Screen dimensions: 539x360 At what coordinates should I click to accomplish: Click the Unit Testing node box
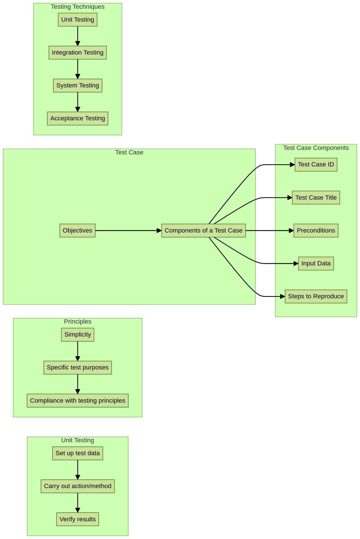point(78,20)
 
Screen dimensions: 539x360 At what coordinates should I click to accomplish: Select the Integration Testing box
point(78,53)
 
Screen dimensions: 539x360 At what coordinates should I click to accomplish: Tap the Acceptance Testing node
point(78,118)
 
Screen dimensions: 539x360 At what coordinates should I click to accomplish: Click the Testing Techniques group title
point(78,7)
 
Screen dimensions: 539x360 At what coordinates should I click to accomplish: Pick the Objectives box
point(77,231)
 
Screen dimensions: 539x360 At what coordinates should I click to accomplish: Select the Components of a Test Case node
point(203,231)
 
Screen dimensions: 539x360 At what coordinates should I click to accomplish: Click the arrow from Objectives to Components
point(128,231)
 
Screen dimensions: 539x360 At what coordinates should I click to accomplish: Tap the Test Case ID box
point(316,164)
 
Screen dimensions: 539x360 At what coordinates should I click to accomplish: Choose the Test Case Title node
point(316,198)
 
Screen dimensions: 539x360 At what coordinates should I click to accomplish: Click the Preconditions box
point(316,231)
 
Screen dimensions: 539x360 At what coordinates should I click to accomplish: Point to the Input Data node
point(316,263)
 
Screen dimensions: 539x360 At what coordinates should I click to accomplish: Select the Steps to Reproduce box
point(316,296)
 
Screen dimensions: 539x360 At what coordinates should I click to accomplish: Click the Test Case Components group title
point(316,148)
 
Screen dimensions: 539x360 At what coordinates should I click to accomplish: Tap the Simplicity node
point(78,335)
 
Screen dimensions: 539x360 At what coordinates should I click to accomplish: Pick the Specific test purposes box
point(78,367)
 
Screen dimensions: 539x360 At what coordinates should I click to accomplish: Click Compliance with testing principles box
point(78,401)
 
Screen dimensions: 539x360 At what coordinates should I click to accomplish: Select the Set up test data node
point(78,453)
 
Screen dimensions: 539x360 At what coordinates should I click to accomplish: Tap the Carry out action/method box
point(78,486)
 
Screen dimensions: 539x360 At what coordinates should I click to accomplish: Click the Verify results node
point(78,519)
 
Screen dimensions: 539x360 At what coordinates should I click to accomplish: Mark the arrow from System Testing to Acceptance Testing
point(78,102)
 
